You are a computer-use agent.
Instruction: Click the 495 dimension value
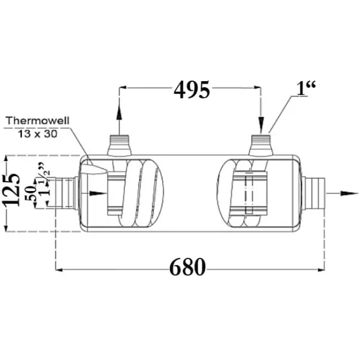click(192, 90)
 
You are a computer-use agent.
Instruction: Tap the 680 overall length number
click(187, 267)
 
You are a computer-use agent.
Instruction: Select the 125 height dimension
click(11, 190)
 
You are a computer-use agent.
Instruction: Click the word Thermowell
click(38, 121)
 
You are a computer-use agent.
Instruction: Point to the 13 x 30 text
click(38, 134)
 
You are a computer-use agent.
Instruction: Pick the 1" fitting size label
click(306, 88)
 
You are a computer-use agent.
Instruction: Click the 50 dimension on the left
click(31, 193)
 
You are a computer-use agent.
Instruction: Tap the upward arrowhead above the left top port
click(119, 112)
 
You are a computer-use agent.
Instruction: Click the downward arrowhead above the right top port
click(261, 125)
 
